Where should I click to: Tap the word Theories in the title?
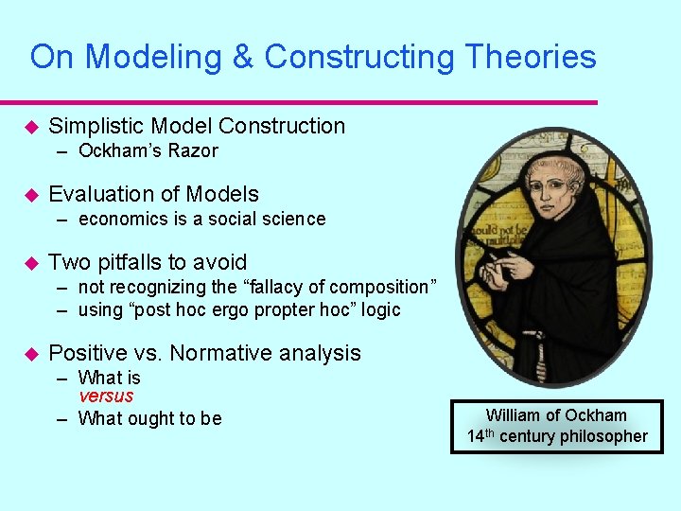[x=528, y=58]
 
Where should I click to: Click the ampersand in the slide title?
[x=243, y=58]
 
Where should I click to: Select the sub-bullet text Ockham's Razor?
[x=148, y=150]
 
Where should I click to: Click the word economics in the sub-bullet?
[x=122, y=219]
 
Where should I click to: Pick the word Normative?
[x=213, y=353]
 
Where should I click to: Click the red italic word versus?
[x=106, y=396]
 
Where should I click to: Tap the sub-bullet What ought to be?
[x=149, y=418]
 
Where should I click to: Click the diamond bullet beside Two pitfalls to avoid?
[x=29, y=262]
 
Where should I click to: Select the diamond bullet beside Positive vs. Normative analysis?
[x=29, y=353]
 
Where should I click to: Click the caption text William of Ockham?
[x=556, y=415]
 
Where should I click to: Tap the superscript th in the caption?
[x=491, y=432]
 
